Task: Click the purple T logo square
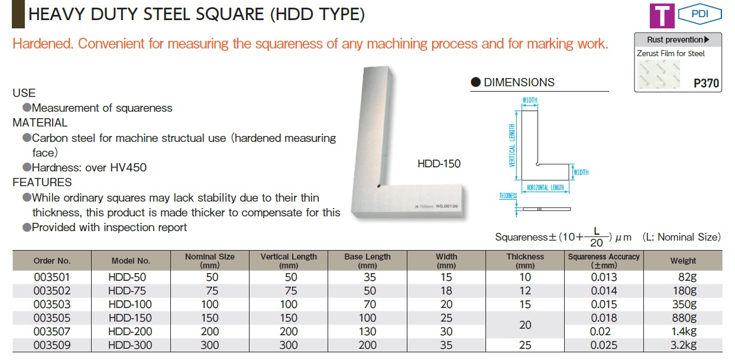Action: coord(662,16)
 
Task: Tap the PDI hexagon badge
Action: coord(700,14)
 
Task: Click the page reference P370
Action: coord(706,83)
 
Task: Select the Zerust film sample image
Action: coord(659,74)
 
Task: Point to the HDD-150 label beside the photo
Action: coord(439,164)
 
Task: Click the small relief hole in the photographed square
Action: coord(379,186)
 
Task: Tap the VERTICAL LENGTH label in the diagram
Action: coord(512,145)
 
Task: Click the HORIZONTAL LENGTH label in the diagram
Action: coord(545,187)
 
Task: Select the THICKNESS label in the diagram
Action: coord(508,196)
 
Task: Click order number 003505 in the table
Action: coord(52,318)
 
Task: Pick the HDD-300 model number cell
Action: coord(130,345)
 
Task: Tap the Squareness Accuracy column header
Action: coord(604,261)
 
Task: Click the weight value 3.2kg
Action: coord(684,345)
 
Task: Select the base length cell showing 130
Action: coord(368,332)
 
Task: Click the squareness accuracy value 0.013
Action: coord(604,277)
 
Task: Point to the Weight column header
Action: coord(683,261)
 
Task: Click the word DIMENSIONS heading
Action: coord(519,82)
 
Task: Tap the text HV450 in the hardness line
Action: coord(128,168)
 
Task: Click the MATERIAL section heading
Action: coord(40,123)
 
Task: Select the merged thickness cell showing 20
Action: coord(525,325)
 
